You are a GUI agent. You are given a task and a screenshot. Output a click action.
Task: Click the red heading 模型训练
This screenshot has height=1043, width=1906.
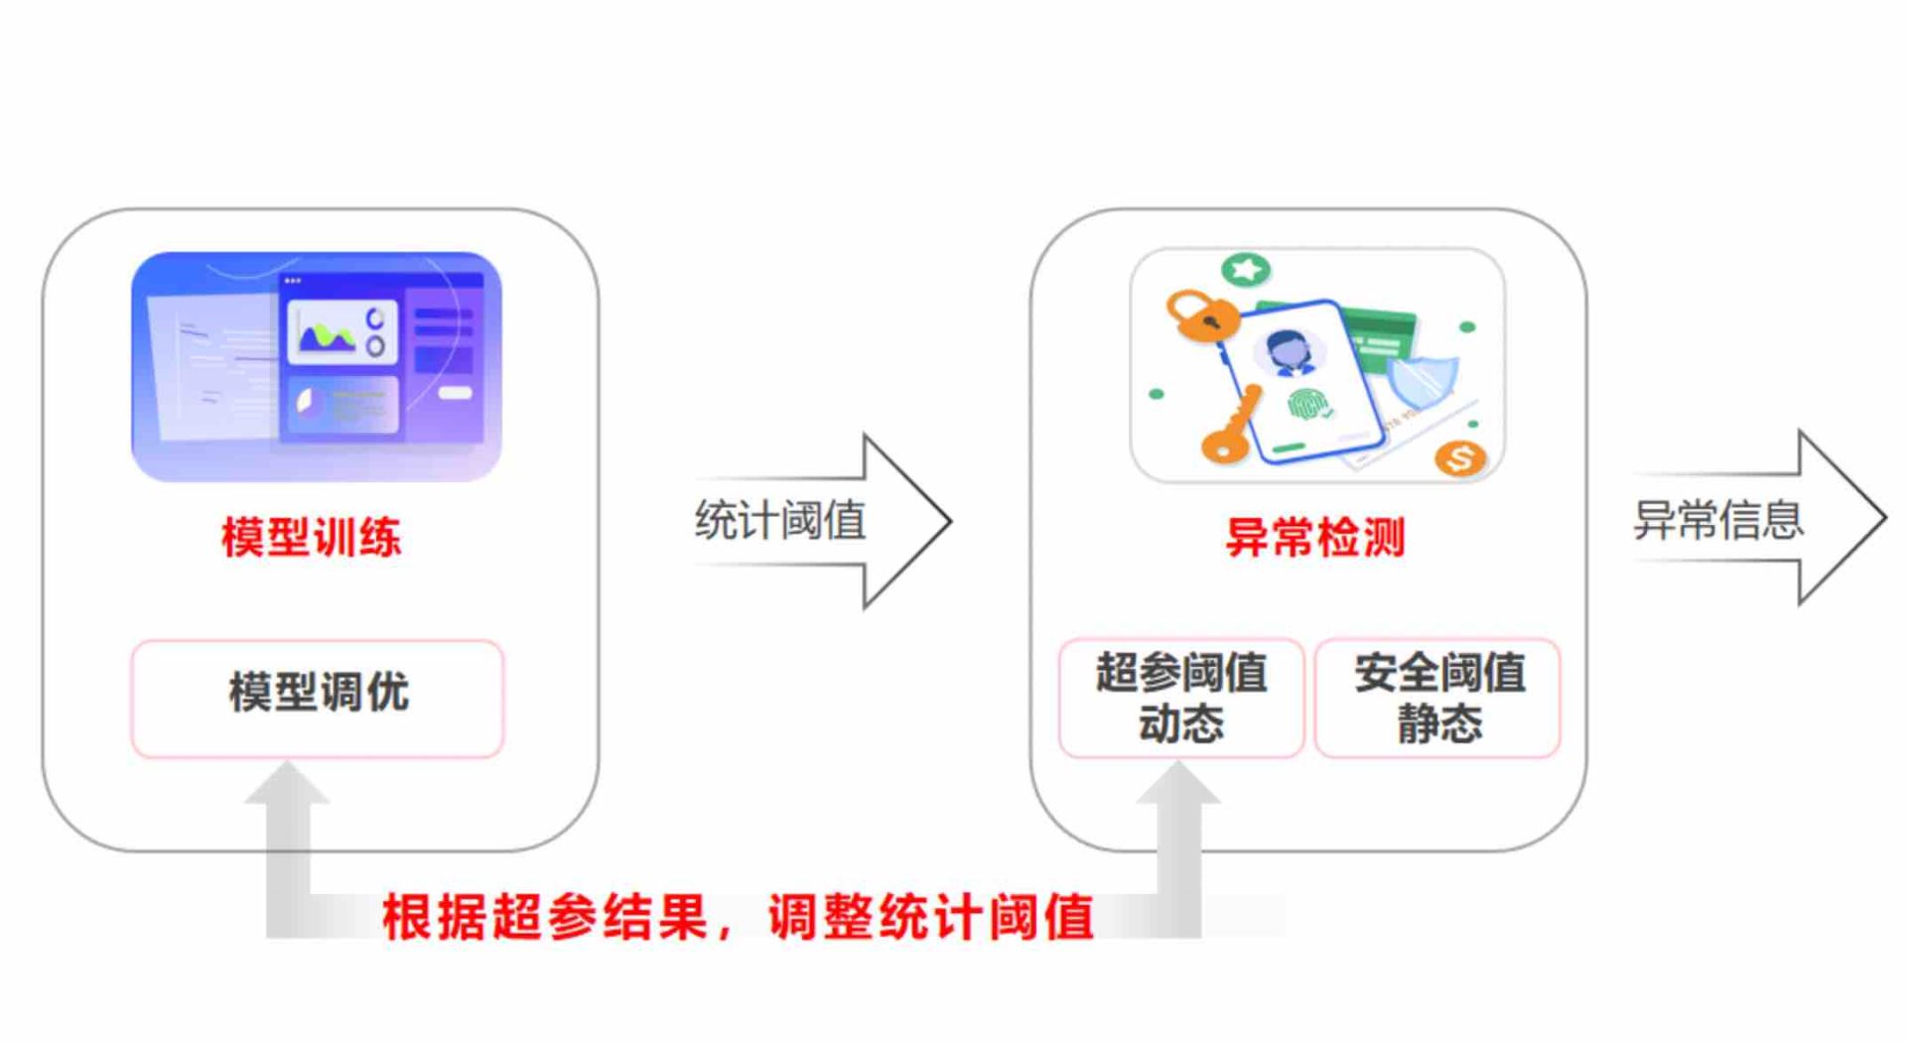pyautogui.click(x=311, y=538)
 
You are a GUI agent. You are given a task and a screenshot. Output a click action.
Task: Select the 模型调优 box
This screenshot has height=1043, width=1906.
pyautogui.click(x=318, y=699)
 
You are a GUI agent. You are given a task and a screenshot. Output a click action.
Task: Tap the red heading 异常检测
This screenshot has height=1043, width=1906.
pyautogui.click(x=1315, y=538)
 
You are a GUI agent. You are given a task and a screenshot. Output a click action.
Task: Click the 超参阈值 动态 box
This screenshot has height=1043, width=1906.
pyautogui.click(x=1181, y=698)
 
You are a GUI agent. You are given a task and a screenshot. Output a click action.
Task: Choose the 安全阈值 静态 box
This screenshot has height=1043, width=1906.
pyautogui.click(x=1438, y=698)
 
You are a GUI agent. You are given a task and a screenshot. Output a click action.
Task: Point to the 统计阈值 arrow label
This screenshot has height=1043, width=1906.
pyautogui.click(x=780, y=520)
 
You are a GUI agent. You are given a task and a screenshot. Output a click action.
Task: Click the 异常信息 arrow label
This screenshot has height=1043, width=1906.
pyautogui.click(x=1718, y=520)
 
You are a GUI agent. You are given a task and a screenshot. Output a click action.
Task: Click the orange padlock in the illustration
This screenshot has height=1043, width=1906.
pyautogui.click(x=1200, y=316)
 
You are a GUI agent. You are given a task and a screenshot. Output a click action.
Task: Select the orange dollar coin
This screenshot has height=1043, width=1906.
pyautogui.click(x=1460, y=457)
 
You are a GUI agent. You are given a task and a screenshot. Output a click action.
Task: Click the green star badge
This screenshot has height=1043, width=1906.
pyautogui.click(x=1246, y=269)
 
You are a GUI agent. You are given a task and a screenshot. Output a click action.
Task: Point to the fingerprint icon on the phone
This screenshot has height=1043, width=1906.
pyautogui.click(x=1307, y=404)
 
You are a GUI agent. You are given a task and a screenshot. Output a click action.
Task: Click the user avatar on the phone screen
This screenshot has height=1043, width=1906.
pyautogui.click(x=1290, y=351)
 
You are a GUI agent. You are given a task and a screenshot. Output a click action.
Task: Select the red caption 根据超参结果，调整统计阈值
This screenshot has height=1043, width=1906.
pyautogui.click(x=739, y=916)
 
